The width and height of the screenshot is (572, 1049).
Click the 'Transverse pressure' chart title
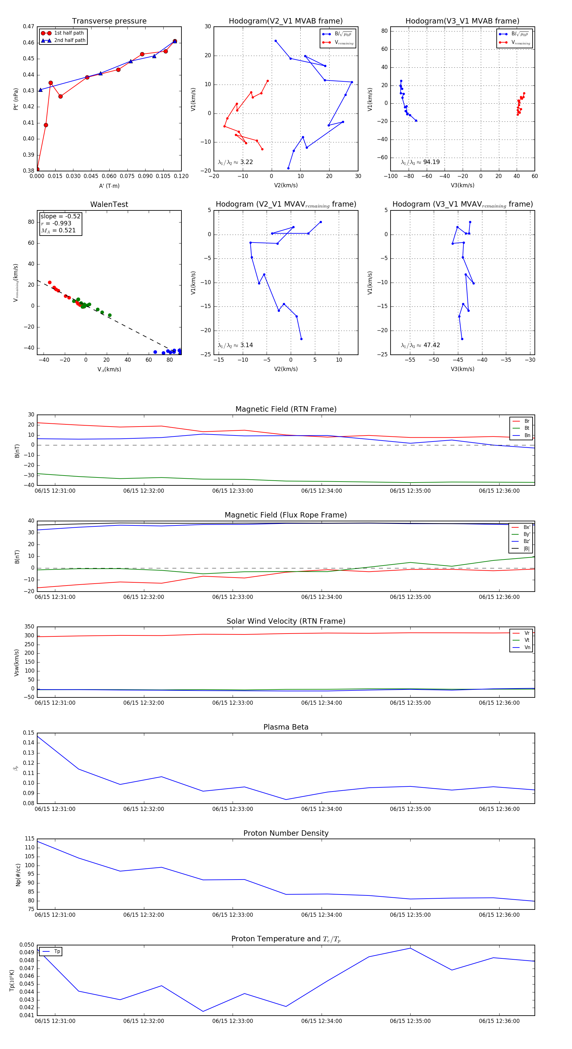pos(109,21)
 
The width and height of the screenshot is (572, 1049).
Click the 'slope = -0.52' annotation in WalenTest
pos(60,216)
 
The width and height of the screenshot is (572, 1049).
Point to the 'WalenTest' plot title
pos(109,204)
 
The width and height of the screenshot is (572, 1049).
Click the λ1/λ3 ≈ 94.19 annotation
pos(420,162)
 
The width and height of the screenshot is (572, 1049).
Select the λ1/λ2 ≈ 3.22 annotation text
pos(235,162)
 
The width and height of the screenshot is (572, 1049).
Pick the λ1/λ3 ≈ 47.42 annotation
pos(420,345)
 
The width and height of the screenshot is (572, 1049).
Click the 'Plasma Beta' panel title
pos(286,727)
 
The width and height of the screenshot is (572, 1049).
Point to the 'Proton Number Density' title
pos(286,833)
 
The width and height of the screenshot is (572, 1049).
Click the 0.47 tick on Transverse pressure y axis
pos(29,26)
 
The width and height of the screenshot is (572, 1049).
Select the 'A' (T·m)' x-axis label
pos(109,186)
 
